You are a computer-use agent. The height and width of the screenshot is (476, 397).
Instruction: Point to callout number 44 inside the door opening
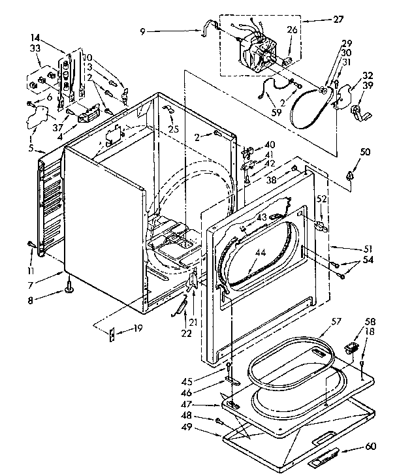point(261,251)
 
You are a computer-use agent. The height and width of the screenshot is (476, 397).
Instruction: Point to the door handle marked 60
point(325,461)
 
